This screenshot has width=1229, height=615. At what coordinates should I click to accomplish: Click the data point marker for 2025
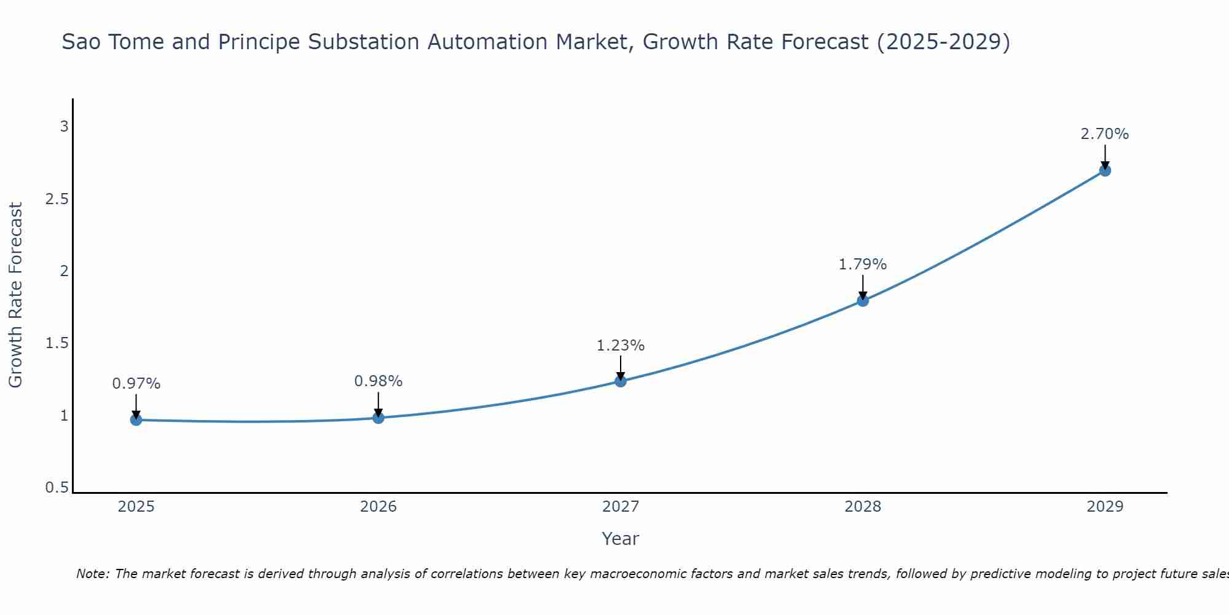(x=136, y=420)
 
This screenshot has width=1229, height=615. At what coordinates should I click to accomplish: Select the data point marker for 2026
(x=379, y=418)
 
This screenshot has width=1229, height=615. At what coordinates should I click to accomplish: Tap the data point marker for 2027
(x=621, y=381)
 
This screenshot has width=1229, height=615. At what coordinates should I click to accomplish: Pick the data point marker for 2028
(x=863, y=301)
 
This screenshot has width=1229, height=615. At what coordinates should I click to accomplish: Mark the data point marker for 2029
(x=1105, y=170)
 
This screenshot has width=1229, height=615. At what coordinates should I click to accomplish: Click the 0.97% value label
(x=136, y=384)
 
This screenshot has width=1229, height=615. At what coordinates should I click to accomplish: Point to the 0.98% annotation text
(x=379, y=381)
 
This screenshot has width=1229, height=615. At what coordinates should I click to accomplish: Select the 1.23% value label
(x=621, y=346)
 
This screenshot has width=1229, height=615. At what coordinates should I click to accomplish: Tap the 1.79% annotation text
(x=863, y=264)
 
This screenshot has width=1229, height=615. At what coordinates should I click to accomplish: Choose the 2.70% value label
(x=1105, y=134)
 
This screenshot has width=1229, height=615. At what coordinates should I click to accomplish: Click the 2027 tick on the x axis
(x=621, y=507)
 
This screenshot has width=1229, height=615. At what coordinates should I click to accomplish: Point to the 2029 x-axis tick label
(x=1105, y=507)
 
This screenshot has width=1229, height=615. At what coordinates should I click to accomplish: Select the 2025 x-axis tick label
(x=136, y=507)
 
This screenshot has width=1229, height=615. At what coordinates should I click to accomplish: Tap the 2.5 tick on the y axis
(x=57, y=199)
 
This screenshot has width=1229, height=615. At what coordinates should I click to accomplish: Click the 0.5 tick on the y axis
(x=57, y=488)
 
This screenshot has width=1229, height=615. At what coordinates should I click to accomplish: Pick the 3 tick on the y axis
(x=64, y=127)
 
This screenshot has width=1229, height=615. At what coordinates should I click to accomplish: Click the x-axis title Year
(x=621, y=539)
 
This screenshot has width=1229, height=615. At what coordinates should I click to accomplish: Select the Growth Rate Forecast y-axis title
(x=15, y=295)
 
